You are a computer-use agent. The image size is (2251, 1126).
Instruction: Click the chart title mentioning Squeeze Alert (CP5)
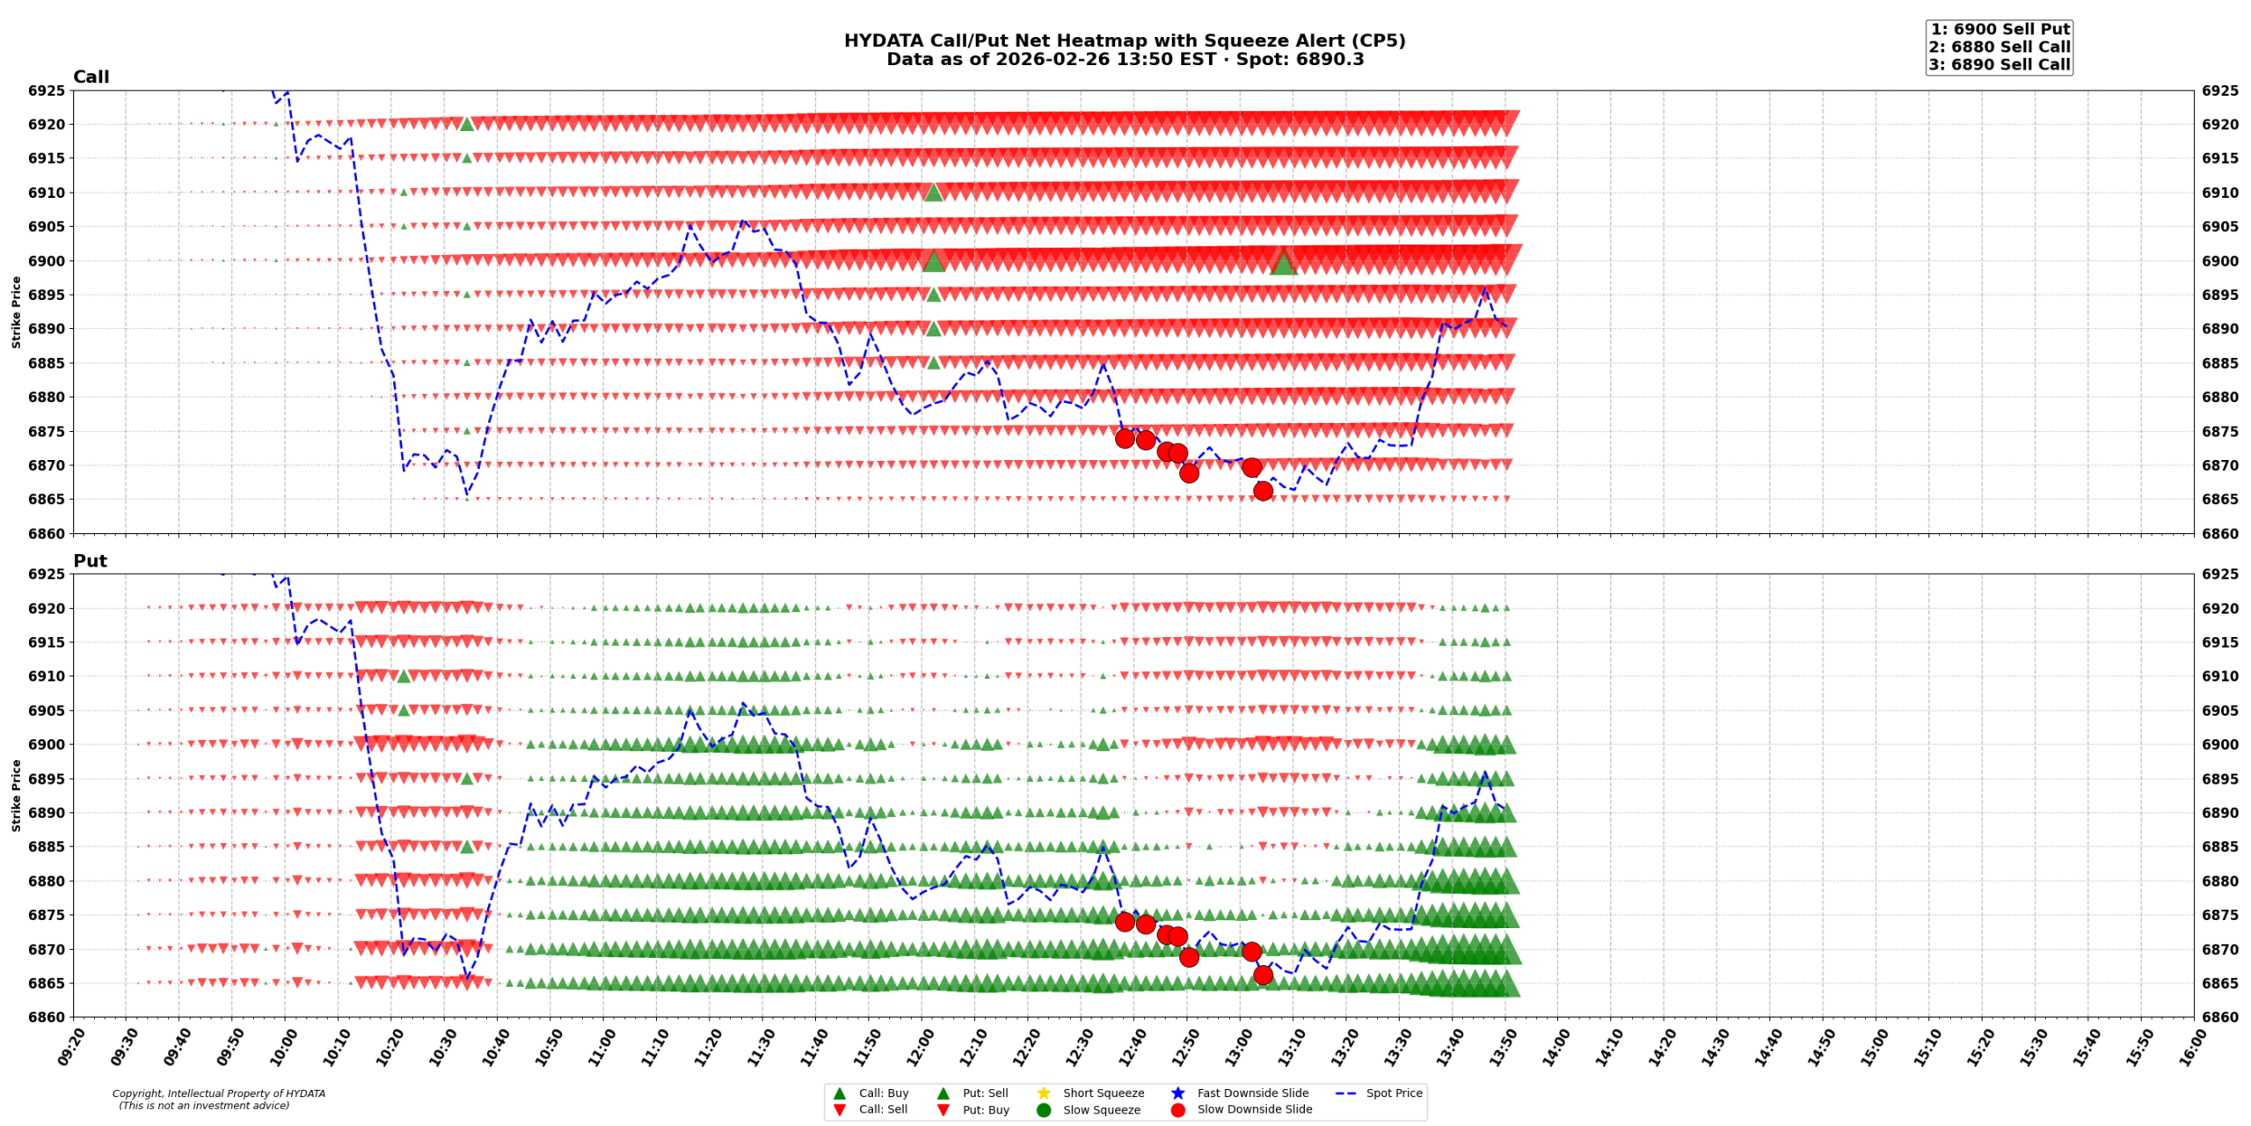pos(1124,40)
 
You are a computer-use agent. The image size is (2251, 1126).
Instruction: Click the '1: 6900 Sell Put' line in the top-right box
pos(1999,29)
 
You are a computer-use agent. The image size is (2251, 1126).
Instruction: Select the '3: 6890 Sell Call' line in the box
pos(1999,64)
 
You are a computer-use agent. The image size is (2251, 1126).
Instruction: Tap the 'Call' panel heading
pos(91,77)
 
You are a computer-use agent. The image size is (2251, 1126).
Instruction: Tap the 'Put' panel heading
pos(90,560)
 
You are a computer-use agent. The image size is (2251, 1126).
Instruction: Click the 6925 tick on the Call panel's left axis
pos(47,91)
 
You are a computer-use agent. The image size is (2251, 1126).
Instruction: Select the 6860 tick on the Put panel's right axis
pos(2220,1017)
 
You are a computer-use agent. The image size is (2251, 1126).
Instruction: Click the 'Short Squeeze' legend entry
pos(1103,1093)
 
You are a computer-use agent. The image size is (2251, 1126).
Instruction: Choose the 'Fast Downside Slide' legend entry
pos(1252,1093)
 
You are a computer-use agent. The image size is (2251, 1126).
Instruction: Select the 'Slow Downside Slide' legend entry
pos(1254,1109)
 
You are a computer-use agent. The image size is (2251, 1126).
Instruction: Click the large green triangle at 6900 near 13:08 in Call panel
pos(1283,262)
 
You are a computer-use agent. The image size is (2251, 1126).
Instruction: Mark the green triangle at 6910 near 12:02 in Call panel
pos(934,192)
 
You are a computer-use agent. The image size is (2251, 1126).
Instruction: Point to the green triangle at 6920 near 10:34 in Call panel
pos(467,124)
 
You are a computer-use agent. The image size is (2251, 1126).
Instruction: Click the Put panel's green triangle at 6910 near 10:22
pos(404,676)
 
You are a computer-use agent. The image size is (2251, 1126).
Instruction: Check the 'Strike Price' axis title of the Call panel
pos(16,311)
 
